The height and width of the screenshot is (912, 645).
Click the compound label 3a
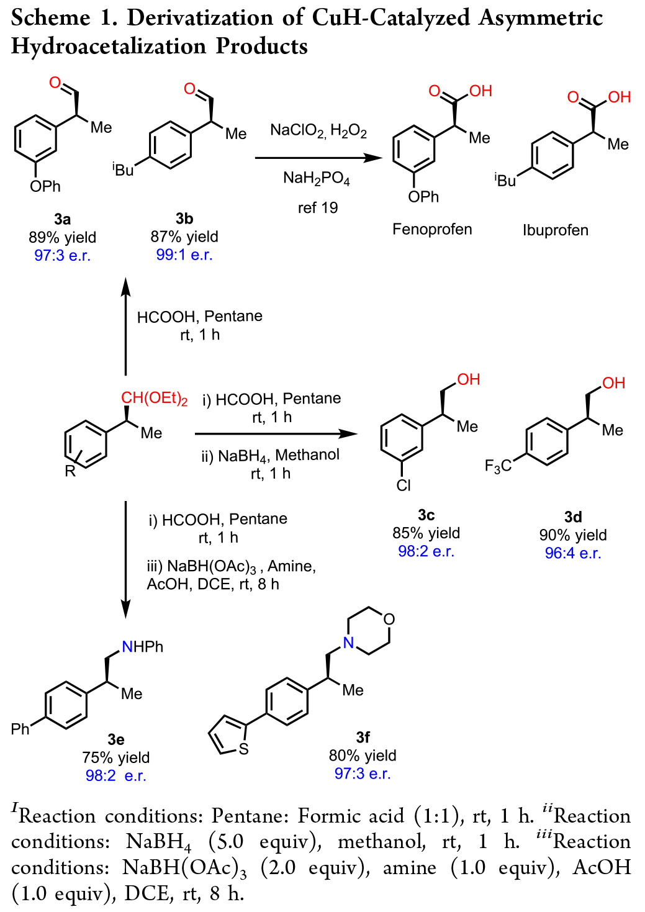(x=62, y=219)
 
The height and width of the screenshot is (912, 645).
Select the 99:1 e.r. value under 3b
(x=184, y=255)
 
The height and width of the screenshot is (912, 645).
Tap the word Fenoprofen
(x=432, y=229)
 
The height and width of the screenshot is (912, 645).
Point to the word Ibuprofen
(x=555, y=230)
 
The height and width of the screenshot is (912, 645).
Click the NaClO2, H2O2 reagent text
(x=318, y=131)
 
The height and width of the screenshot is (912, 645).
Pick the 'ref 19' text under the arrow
(x=318, y=208)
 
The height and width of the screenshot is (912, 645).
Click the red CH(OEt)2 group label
(x=154, y=399)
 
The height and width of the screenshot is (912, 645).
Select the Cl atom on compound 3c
(x=404, y=485)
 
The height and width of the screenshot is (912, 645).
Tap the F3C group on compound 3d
(x=498, y=466)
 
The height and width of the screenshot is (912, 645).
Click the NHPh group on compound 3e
(x=143, y=647)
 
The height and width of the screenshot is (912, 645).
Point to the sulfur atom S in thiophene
(x=243, y=749)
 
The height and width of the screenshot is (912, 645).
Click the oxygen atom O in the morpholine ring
(x=389, y=619)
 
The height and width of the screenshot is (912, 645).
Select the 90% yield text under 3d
(x=572, y=535)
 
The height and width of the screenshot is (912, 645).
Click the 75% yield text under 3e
(x=115, y=757)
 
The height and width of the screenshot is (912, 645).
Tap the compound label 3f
(x=363, y=737)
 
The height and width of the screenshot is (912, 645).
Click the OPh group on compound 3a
(x=45, y=186)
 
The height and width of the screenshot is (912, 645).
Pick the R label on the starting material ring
(x=70, y=472)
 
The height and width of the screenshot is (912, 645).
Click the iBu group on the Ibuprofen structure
(x=505, y=180)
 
